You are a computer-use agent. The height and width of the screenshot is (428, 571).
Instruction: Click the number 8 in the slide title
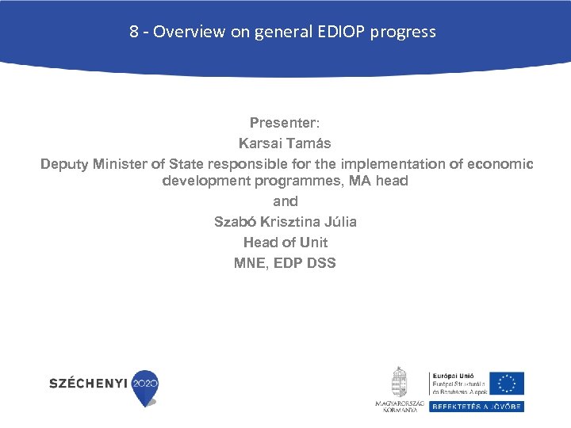click(x=134, y=32)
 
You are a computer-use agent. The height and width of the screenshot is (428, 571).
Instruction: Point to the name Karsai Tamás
click(x=285, y=143)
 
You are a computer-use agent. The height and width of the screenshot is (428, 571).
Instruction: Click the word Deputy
click(x=64, y=164)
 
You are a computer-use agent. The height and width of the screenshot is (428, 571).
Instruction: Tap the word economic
click(x=500, y=164)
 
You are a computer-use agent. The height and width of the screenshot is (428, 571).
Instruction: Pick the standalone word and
click(x=285, y=201)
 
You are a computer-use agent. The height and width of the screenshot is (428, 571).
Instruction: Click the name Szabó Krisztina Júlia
click(x=285, y=222)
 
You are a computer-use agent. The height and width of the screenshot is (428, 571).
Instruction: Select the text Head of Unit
click(x=285, y=243)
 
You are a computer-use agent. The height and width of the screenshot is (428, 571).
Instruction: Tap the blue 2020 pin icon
click(x=145, y=386)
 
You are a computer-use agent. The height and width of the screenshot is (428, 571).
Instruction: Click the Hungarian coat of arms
click(x=399, y=383)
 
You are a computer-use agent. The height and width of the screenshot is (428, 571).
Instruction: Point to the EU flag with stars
click(x=507, y=384)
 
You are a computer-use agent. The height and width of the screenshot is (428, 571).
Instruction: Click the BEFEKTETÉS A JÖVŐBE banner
click(x=477, y=406)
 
